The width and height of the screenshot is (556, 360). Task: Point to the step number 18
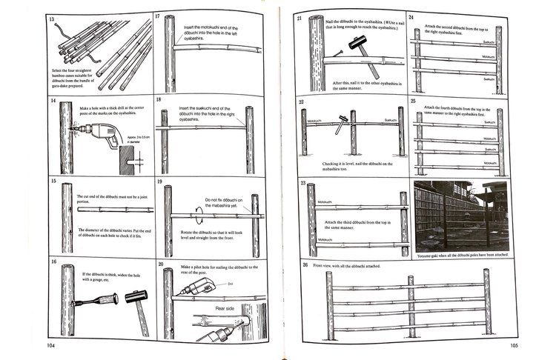(159, 99)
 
